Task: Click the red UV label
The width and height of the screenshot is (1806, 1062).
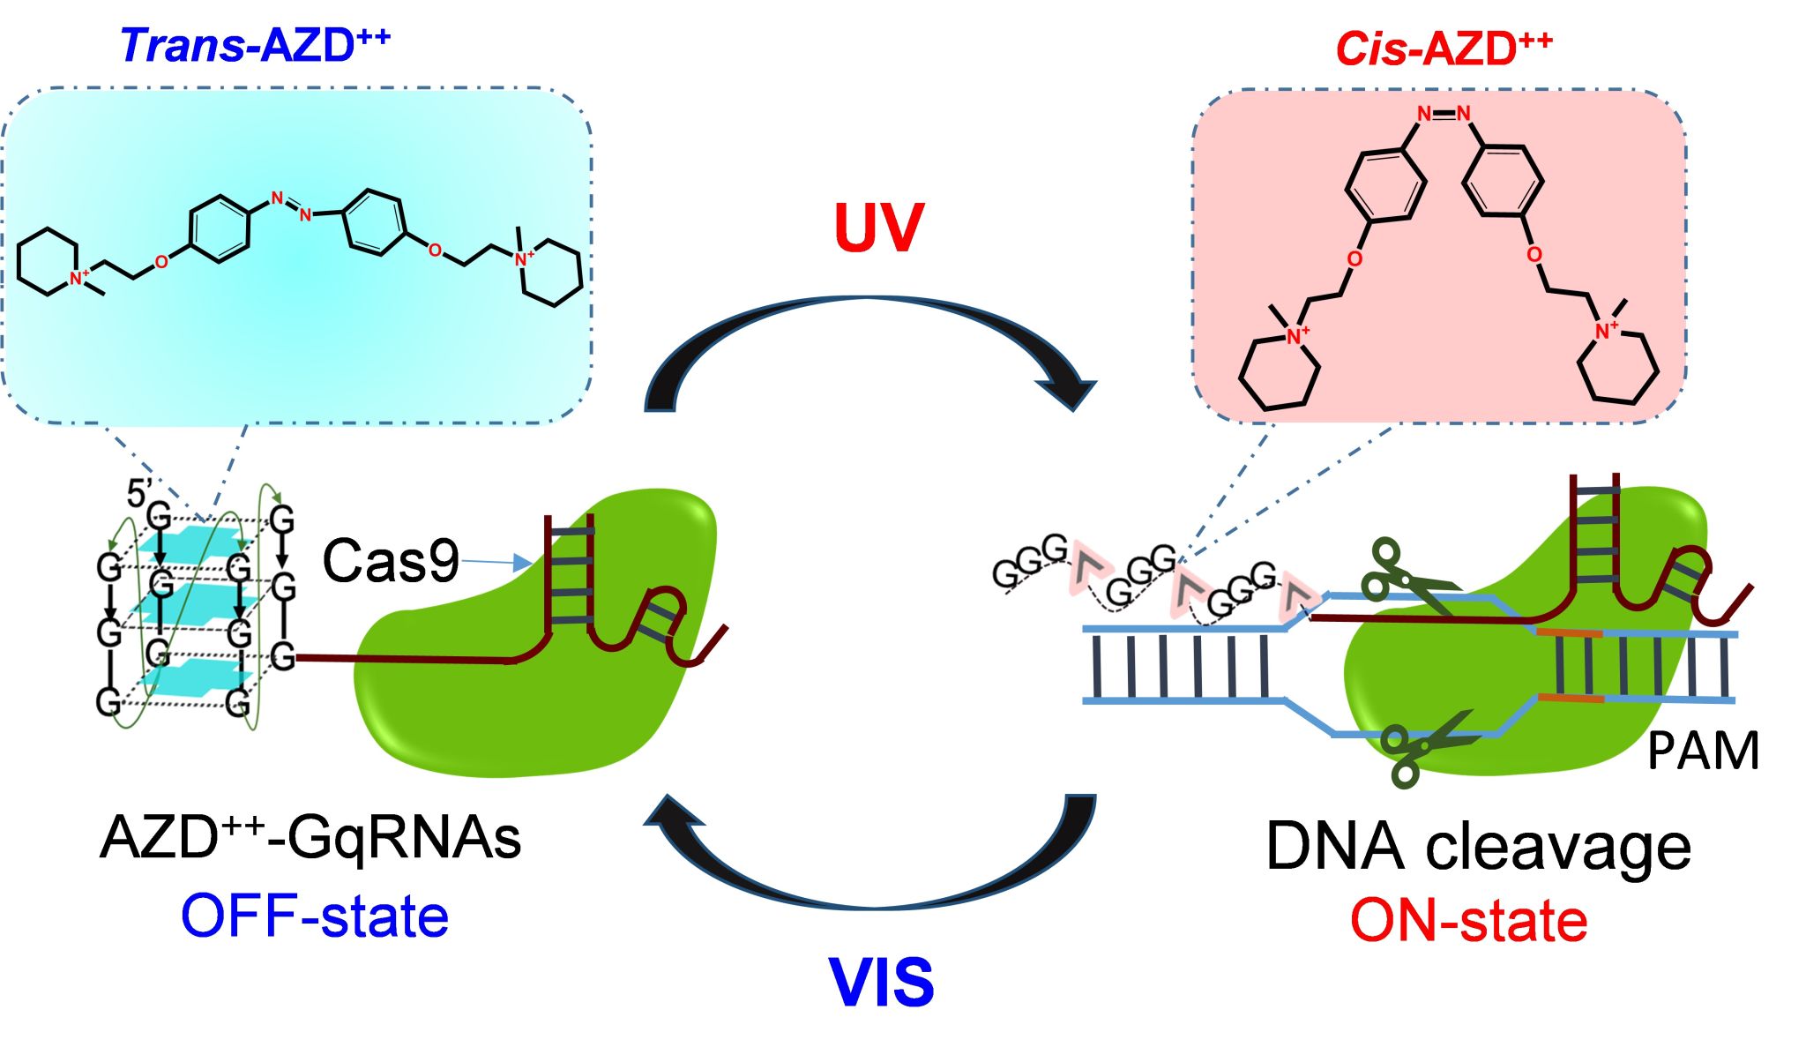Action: coord(878,228)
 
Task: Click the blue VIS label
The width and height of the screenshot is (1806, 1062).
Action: coord(881,983)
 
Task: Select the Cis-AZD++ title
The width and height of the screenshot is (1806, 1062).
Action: coord(1444,49)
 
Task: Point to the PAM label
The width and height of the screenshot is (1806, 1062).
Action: coord(1702,752)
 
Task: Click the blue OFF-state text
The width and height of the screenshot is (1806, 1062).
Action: coord(315,916)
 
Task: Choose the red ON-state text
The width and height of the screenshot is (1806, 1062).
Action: coord(1468,921)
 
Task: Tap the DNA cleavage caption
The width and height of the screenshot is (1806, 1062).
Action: coord(1478,847)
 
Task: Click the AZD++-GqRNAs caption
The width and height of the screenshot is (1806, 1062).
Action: coord(310,836)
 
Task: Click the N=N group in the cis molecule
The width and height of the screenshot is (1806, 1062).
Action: coord(1444,114)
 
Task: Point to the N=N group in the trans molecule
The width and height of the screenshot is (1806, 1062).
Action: coord(292,206)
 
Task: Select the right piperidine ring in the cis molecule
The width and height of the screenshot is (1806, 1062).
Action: coord(1617,368)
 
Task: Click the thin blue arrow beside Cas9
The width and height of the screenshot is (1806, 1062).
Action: coord(496,562)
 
